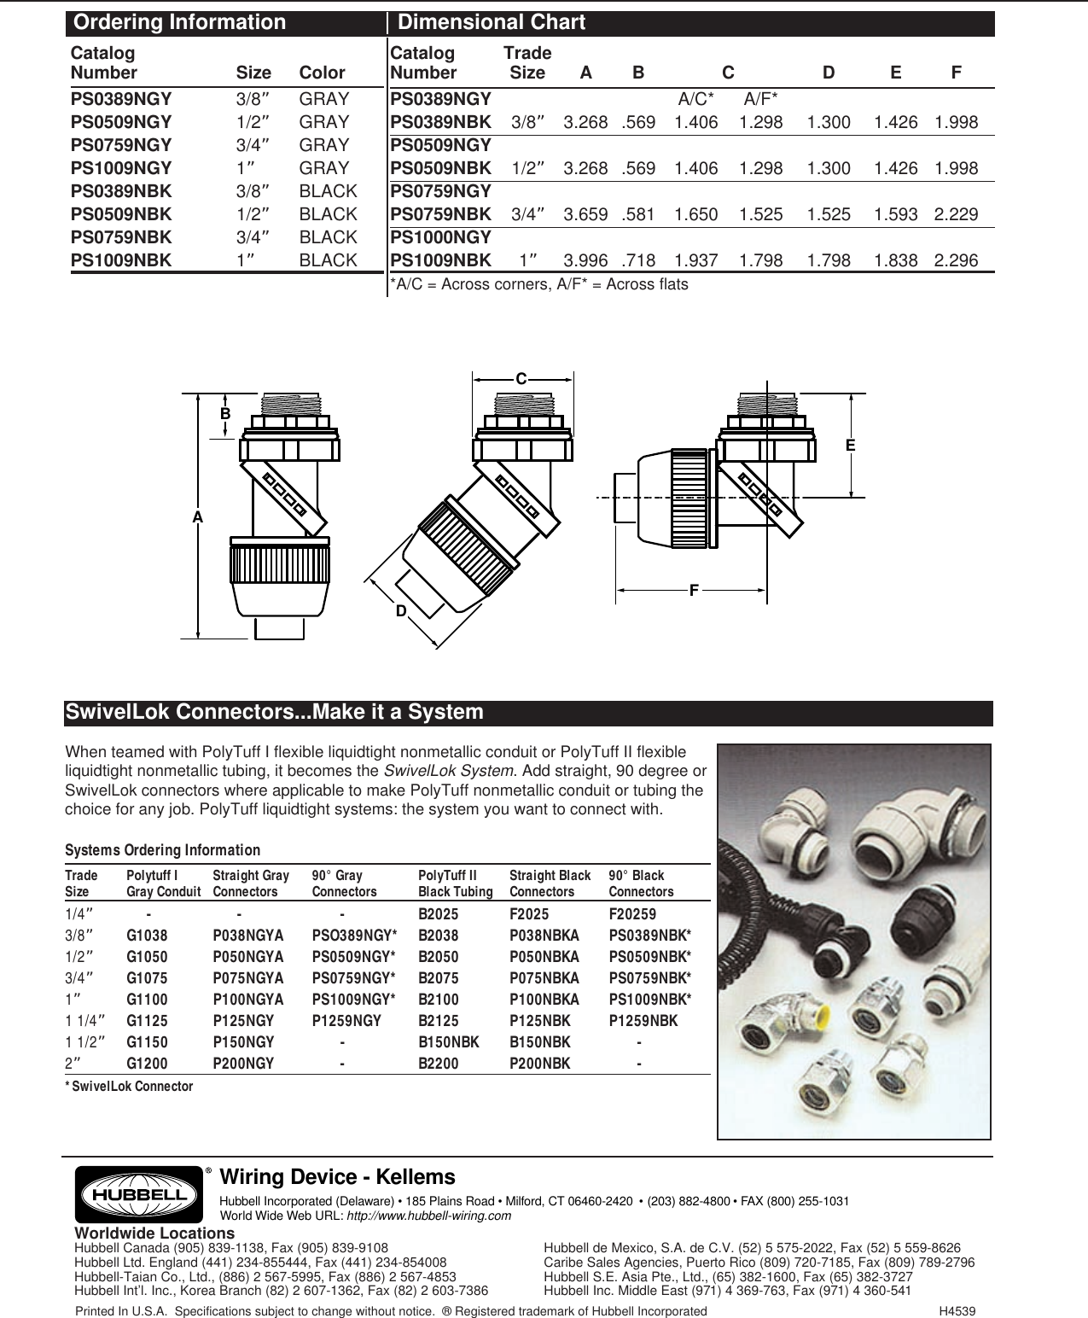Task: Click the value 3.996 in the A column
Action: tap(585, 260)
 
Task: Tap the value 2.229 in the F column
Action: tap(956, 214)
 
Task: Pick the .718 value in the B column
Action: tap(639, 260)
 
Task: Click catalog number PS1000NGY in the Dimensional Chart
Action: tap(440, 237)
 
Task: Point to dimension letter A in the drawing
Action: tap(197, 518)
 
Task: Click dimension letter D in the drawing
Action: tap(400, 611)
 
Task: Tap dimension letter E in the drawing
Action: tap(851, 446)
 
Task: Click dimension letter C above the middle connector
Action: tap(520, 378)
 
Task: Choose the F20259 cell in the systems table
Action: tap(632, 914)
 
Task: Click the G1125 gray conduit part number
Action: tap(147, 1021)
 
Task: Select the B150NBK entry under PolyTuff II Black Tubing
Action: tap(449, 1042)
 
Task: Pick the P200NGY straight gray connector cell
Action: tap(243, 1064)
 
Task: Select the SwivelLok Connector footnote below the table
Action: tap(129, 1087)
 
